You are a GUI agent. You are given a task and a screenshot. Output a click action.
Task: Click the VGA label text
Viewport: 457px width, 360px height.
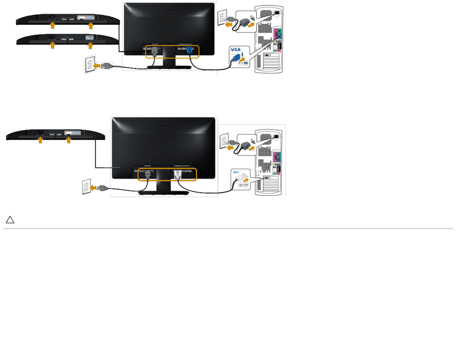tap(235, 50)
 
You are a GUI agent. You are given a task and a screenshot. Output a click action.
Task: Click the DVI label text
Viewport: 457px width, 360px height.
tap(236, 172)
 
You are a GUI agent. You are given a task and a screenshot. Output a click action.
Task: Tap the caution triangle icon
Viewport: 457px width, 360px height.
tap(10, 220)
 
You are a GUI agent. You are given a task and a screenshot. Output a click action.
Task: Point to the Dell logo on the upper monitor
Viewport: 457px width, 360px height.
tap(169, 10)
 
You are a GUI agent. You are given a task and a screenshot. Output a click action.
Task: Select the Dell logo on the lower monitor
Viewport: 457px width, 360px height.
tap(163, 125)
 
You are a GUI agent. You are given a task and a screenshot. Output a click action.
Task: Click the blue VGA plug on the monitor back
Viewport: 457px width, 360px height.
tap(189, 50)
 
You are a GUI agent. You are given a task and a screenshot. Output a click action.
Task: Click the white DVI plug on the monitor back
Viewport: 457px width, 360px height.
tap(178, 174)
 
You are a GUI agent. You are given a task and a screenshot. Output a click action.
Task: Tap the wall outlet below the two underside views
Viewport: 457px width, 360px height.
tap(90, 64)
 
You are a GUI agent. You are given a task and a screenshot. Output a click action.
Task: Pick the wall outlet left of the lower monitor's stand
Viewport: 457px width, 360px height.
tap(86, 186)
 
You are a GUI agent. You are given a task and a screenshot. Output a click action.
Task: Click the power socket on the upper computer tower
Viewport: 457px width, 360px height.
tap(277, 13)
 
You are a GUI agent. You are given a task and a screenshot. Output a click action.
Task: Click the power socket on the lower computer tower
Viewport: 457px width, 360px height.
tap(276, 136)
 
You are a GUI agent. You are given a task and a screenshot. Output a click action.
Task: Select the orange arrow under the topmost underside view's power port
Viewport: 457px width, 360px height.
tap(53, 25)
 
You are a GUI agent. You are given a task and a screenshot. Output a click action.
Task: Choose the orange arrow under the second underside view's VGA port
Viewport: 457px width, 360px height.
tap(90, 46)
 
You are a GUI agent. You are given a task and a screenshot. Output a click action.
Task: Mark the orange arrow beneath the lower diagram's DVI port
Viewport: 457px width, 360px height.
tap(69, 140)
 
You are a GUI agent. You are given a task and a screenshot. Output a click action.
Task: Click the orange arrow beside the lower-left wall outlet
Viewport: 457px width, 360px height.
tap(93, 188)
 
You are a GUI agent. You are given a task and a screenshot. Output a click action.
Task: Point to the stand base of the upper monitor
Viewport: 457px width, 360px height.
tap(169, 67)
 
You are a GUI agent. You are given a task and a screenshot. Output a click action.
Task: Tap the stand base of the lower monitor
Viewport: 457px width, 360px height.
tap(163, 193)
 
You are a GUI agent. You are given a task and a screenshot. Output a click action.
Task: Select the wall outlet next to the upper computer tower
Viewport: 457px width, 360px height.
tap(222, 17)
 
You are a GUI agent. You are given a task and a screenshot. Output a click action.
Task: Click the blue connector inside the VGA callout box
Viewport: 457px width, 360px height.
tap(236, 58)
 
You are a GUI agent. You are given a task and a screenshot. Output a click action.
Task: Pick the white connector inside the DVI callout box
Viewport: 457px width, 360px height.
tap(240, 179)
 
